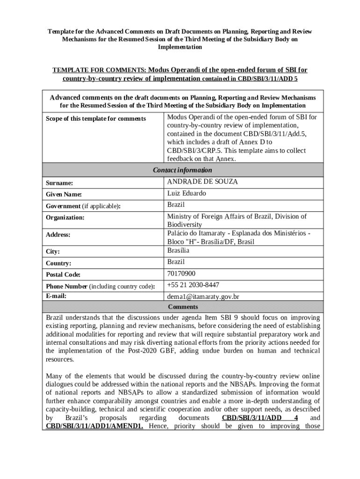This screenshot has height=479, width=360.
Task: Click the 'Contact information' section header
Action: point(182,170)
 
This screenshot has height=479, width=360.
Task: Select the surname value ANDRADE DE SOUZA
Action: point(202,182)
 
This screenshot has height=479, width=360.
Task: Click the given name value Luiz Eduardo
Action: point(187,194)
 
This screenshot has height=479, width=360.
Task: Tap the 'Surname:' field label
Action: point(59,183)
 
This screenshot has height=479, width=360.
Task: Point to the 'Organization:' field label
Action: point(65,218)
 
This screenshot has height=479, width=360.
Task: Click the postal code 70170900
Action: point(181,274)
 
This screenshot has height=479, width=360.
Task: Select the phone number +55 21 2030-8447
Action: point(193,285)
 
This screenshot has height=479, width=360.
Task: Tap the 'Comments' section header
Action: point(183,307)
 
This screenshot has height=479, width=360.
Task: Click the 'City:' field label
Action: point(53,252)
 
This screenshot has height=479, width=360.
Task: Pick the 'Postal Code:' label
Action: point(63,275)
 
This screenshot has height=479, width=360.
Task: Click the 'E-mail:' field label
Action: point(56,296)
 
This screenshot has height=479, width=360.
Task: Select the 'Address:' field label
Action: point(58,234)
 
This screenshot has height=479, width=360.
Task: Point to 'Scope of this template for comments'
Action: point(95,119)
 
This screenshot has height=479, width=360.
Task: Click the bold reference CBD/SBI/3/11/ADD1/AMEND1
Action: point(94,426)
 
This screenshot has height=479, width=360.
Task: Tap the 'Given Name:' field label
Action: point(64,195)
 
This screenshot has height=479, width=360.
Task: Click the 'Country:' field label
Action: point(58,263)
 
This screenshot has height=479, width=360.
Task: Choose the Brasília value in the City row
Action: point(178,251)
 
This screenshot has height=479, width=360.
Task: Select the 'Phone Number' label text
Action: point(66,286)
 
